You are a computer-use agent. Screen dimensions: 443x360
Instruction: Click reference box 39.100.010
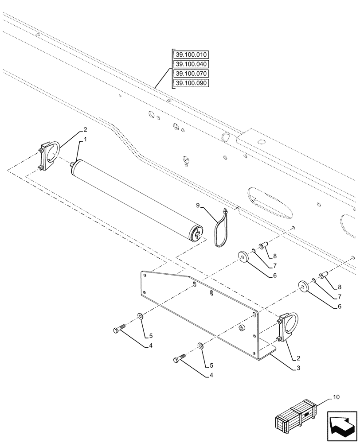pyautogui.click(x=191, y=54)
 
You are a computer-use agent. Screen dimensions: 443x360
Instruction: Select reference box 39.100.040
pyautogui.click(x=191, y=64)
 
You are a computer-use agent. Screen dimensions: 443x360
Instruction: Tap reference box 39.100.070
pyautogui.click(x=191, y=74)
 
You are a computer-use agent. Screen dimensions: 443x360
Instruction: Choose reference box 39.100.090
pyautogui.click(x=191, y=83)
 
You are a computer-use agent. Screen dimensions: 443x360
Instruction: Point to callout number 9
pyautogui.click(x=198, y=205)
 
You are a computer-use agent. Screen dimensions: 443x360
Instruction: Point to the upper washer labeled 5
pyautogui.click(x=140, y=316)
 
